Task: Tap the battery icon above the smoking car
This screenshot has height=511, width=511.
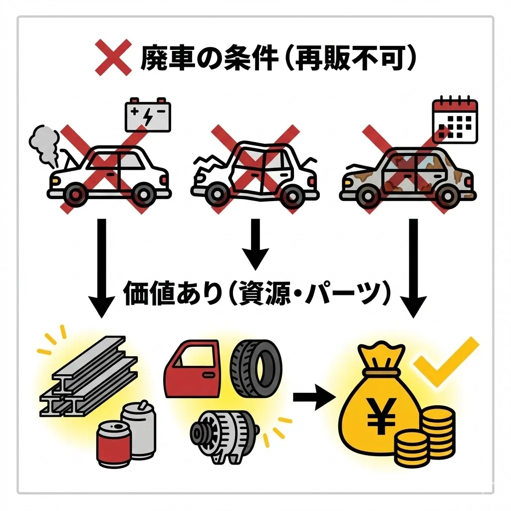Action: (148, 115)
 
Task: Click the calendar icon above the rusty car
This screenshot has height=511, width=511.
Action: (454, 120)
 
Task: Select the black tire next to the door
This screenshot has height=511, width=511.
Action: (255, 368)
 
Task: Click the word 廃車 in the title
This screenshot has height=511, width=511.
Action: (163, 59)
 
